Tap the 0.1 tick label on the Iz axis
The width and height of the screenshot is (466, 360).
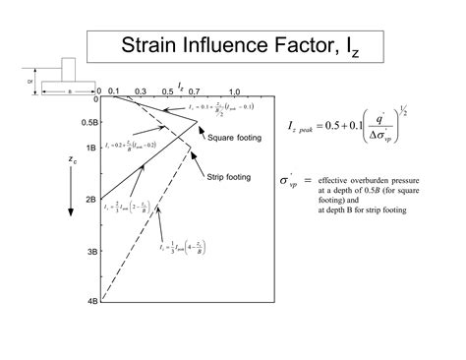115,90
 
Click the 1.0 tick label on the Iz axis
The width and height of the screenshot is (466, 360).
234,90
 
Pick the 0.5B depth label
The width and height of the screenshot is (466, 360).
86,123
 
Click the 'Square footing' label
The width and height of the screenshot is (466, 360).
235,139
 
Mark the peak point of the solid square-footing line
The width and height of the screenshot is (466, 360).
198,121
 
